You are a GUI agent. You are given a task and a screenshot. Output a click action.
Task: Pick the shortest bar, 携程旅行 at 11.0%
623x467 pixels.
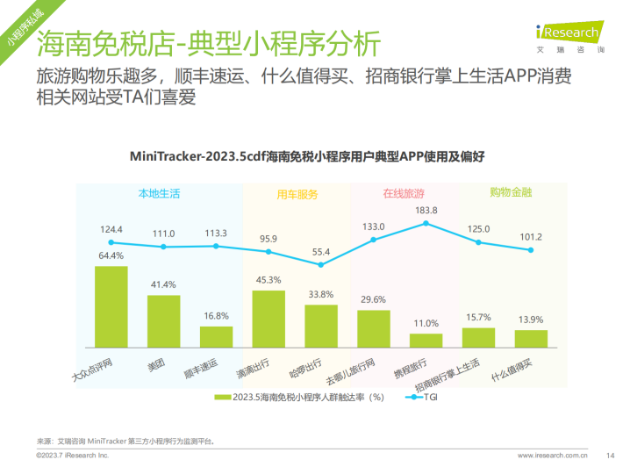pos(426,341)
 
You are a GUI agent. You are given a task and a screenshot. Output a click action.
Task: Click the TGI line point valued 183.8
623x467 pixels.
pos(426,223)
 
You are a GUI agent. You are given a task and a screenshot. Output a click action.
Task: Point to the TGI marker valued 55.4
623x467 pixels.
pos(320,264)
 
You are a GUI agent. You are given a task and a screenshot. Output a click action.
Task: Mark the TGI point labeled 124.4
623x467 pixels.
pos(111,242)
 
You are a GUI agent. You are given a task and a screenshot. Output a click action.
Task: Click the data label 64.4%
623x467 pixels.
pos(111,255)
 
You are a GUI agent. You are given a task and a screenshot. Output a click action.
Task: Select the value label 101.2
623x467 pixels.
pos(531,237)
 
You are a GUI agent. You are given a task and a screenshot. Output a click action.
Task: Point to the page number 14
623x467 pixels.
pos(610,456)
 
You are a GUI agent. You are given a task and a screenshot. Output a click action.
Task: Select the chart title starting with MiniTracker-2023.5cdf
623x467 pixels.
pos(307,156)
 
